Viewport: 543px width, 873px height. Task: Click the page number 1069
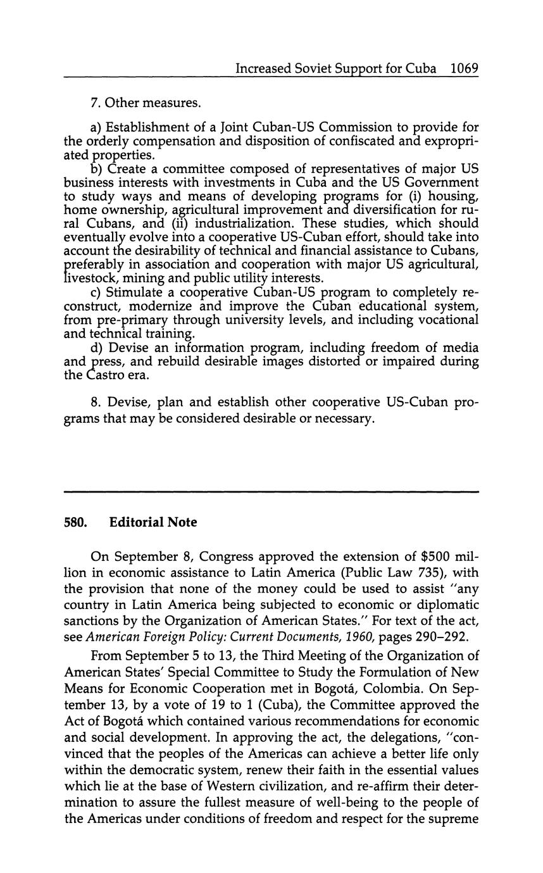pos(464,68)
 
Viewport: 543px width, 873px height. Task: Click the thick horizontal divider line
pos(271,491)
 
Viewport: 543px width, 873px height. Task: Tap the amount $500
pos(435,556)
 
